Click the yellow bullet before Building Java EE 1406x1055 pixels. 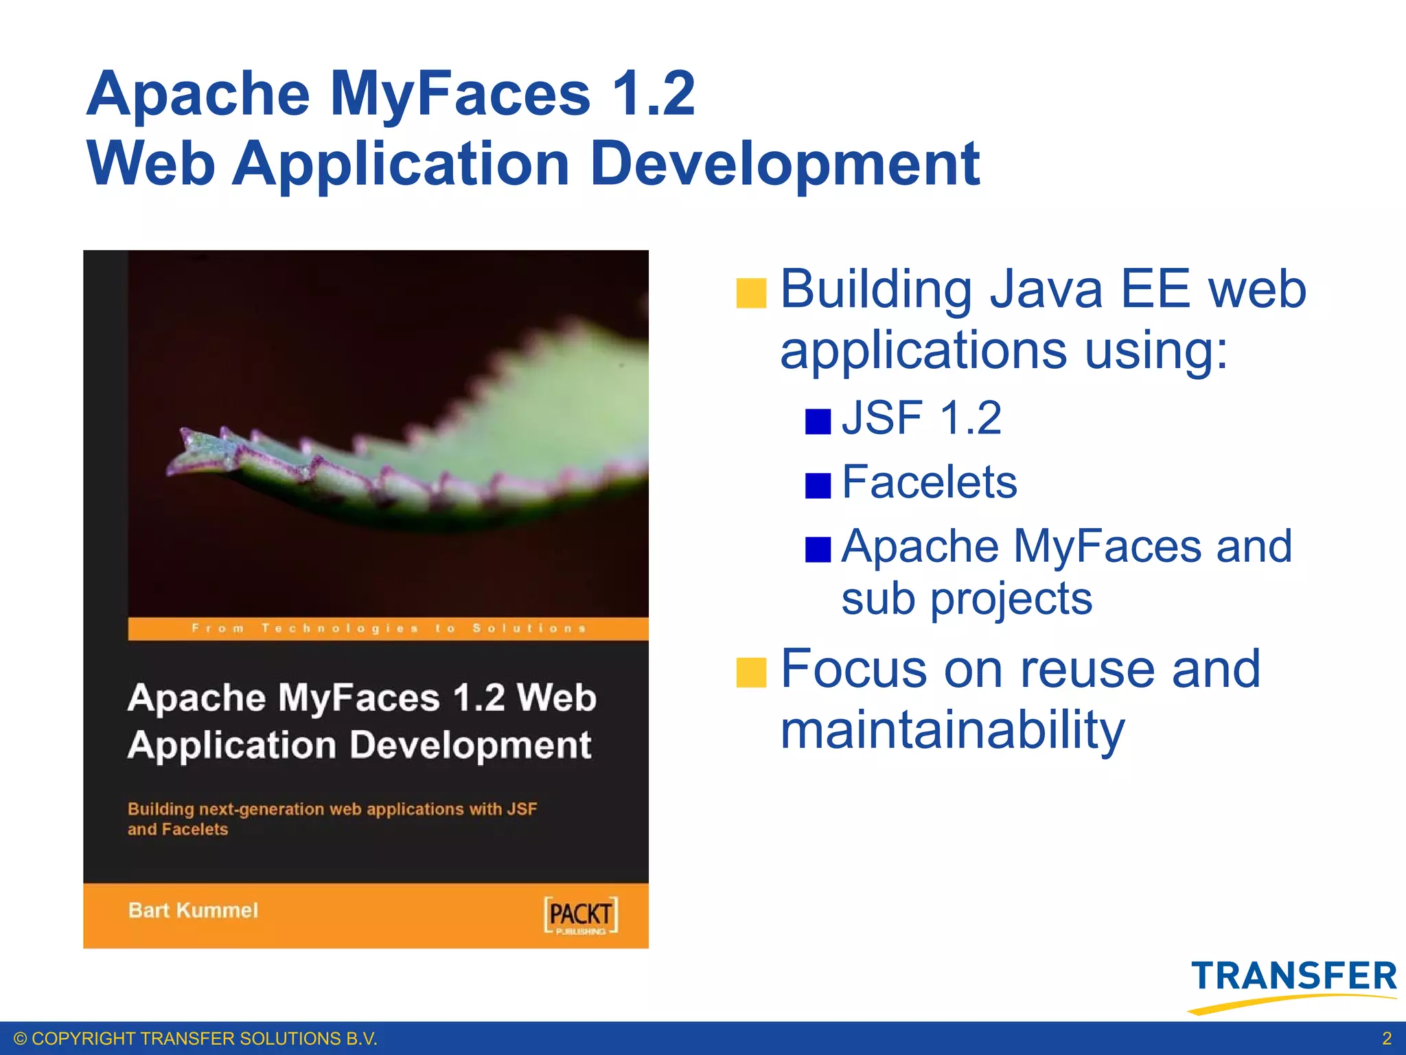pyautogui.click(x=751, y=293)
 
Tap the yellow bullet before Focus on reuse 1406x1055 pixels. pyautogui.click(x=751, y=672)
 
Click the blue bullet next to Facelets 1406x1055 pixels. pyautogui.click(x=818, y=486)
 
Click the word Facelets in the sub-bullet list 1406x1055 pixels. pyautogui.click(x=928, y=482)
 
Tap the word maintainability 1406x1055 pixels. pyautogui.click(x=952, y=731)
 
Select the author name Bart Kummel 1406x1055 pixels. pyautogui.click(x=193, y=911)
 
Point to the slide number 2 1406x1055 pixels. pyautogui.click(x=1386, y=1038)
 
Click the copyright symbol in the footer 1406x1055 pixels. pyautogui.click(x=20, y=1039)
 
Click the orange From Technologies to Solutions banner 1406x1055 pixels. pyautogui.click(x=388, y=628)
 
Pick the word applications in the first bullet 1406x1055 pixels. pyautogui.click(x=923, y=350)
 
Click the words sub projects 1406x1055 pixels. pyautogui.click(x=966, y=599)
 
